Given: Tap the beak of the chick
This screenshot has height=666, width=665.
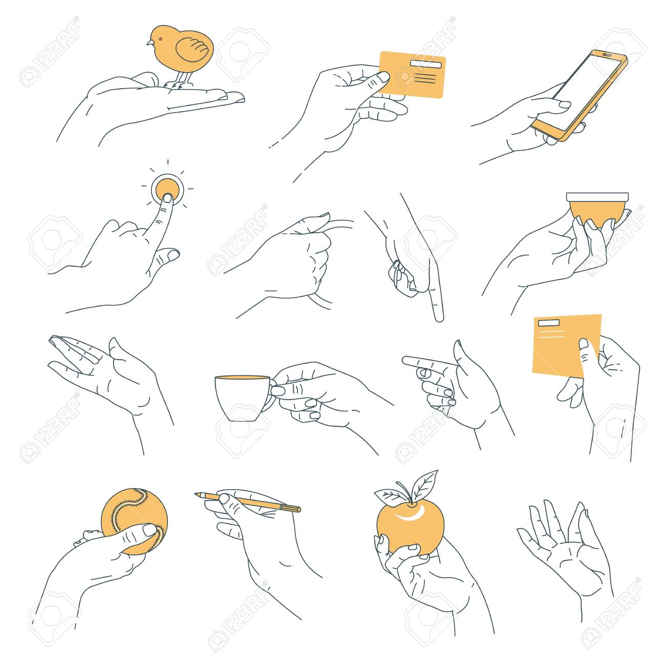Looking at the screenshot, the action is click(150, 43).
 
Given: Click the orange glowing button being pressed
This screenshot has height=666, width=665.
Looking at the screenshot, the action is click(167, 190).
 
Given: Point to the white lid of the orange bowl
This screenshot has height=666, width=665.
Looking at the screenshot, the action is click(597, 197).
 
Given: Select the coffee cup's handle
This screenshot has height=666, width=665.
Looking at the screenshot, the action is click(271, 396).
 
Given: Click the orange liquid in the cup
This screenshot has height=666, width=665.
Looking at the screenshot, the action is click(242, 377).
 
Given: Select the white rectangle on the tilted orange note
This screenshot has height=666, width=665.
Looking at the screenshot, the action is click(549, 323).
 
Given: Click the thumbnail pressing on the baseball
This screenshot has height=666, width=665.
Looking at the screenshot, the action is click(149, 530).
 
